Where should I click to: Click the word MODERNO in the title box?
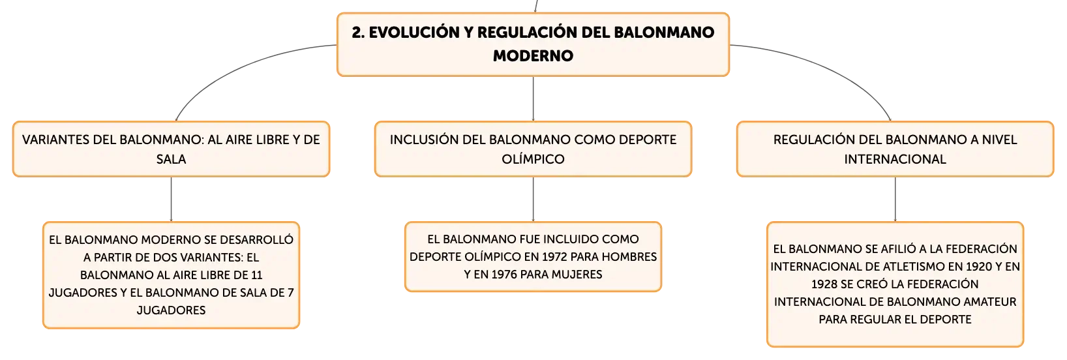click(533, 55)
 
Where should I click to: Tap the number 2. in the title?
click(359, 33)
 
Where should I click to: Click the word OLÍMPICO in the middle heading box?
click(533, 159)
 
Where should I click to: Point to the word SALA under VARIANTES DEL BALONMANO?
click(171, 159)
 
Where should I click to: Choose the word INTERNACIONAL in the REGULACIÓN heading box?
click(895, 159)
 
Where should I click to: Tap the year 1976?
click(504, 275)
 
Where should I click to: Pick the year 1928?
click(824, 284)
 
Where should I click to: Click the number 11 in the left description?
click(257, 275)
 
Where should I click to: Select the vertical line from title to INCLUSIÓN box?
click(533, 98)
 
